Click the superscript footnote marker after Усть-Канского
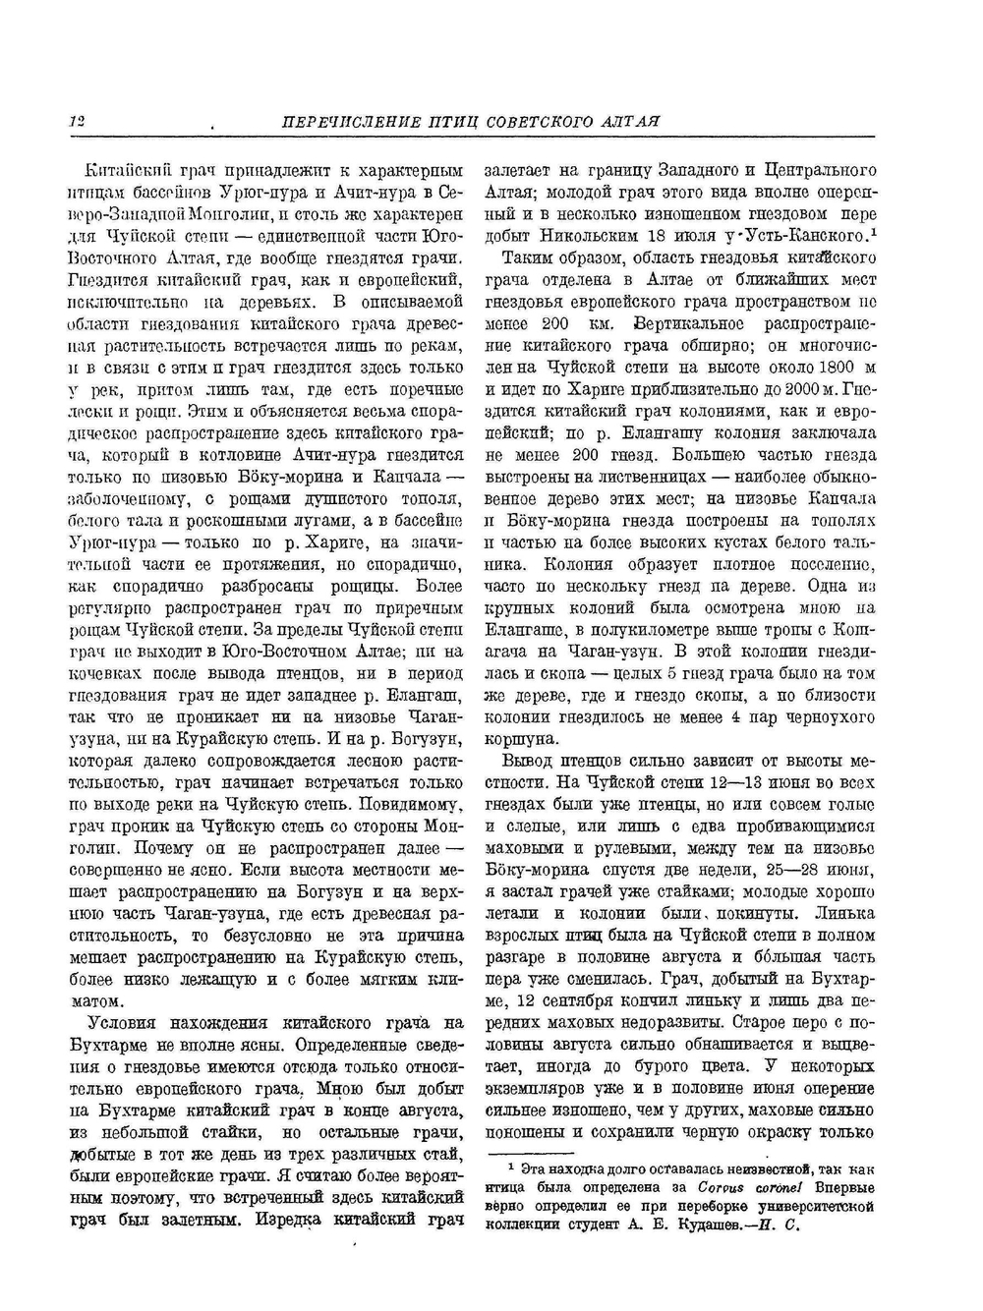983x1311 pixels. tap(872, 232)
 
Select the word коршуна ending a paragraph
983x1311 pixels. tap(519, 739)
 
